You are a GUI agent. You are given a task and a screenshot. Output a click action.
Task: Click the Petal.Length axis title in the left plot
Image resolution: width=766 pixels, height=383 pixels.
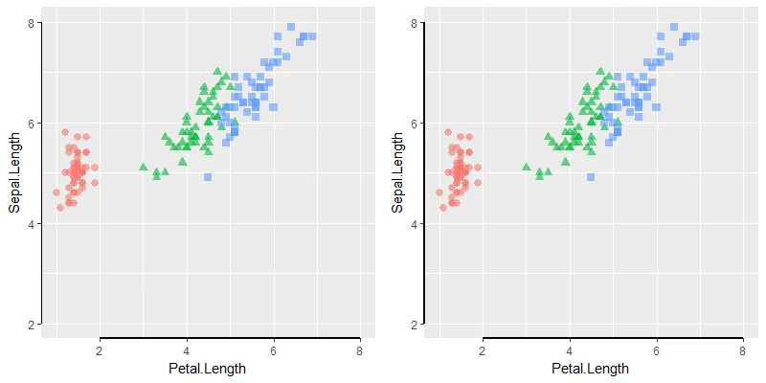point(207,369)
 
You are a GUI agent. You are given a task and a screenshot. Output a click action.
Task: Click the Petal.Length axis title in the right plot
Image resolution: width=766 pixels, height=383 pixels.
point(590,369)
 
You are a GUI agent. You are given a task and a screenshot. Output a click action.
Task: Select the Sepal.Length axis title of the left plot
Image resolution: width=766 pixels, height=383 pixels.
point(15,173)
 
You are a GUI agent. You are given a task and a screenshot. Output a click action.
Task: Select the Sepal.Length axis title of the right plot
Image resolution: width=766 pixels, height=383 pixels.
point(398,173)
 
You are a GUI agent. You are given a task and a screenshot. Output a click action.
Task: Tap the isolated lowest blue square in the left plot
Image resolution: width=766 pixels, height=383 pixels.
point(208,177)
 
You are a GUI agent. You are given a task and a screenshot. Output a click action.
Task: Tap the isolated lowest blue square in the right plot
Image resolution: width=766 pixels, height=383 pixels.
point(591,177)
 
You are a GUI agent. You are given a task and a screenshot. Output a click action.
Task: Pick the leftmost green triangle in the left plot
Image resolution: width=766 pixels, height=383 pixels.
point(144,168)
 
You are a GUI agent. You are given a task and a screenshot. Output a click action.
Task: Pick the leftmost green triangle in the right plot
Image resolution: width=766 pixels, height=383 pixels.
point(526,168)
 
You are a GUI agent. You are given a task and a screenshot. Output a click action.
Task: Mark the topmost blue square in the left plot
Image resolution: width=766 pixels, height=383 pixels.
point(291,27)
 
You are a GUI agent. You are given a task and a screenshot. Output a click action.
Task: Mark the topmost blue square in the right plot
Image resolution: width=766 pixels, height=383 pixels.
point(674,27)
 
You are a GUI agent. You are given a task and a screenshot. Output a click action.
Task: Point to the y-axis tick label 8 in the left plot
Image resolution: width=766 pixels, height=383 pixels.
point(32,22)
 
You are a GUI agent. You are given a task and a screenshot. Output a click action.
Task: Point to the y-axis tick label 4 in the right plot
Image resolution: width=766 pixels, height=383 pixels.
point(415,224)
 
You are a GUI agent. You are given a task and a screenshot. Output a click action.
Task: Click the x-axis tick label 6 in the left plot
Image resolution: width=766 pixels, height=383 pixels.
point(274,350)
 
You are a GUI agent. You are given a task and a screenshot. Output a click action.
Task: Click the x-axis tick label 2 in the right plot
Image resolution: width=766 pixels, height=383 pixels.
point(483,350)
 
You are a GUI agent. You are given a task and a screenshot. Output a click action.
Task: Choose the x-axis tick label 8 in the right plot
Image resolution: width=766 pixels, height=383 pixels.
point(743,350)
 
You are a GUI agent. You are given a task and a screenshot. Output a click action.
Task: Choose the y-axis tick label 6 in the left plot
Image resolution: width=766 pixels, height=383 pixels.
point(32,124)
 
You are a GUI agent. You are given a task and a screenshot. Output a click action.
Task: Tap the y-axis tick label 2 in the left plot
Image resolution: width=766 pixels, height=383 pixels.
point(32,326)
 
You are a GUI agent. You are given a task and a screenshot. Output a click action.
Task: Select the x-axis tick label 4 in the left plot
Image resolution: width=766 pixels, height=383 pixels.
point(187,350)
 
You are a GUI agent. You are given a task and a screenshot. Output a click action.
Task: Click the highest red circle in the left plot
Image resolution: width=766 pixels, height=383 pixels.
point(65,132)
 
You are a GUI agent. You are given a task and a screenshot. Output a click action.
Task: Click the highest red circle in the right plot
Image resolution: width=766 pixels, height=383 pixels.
point(447,132)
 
